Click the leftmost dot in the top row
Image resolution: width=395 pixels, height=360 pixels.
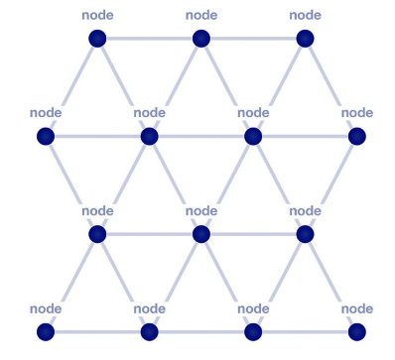[97, 39]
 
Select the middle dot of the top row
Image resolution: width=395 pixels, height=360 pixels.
[201, 39]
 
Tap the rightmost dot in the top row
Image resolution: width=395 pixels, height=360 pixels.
[305, 39]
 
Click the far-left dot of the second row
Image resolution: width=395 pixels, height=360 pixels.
[46, 137]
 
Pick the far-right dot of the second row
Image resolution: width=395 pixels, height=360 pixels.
[357, 137]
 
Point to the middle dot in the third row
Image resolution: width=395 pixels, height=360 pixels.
[201, 234]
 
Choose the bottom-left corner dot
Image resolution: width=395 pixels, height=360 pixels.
[46, 332]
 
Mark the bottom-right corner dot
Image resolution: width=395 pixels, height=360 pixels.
[357, 332]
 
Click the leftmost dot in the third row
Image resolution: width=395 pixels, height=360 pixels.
[97, 234]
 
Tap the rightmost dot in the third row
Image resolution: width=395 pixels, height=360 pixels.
[305, 234]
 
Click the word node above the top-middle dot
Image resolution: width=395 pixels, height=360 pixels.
[201, 15]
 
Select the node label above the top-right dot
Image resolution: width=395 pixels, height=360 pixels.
[305, 15]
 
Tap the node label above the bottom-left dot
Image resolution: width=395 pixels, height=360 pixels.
[46, 308]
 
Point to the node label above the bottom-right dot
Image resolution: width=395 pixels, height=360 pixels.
[357, 308]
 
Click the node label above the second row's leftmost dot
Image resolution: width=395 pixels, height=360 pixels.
[46, 113]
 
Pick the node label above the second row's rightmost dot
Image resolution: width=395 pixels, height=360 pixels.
[357, 113]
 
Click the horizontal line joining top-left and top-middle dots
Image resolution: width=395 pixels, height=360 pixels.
[150, 39]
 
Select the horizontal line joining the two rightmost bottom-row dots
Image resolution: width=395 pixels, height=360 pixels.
[305, 332]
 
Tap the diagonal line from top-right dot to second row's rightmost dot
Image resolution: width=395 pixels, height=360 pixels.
[330, 87]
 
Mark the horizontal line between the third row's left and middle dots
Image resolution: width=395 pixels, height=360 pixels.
[150, 234]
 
